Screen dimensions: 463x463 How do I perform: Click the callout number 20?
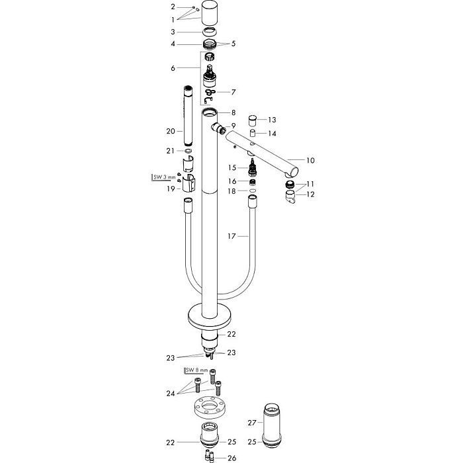coord(171,131)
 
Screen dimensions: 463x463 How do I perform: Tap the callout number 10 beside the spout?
coord(310,160)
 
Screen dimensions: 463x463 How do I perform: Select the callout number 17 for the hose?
coord(232,236)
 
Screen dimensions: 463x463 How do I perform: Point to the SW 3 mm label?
coord(165,177)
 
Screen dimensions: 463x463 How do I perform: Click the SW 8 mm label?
coord(196,370)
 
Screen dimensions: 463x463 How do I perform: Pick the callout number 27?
coord(252,423)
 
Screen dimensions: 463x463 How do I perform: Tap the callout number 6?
coord(173,68)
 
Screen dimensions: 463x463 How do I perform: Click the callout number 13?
coord(272,120)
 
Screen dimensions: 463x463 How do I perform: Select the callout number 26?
coord(232,458)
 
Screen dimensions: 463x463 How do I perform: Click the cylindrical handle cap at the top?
coord(210,14)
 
